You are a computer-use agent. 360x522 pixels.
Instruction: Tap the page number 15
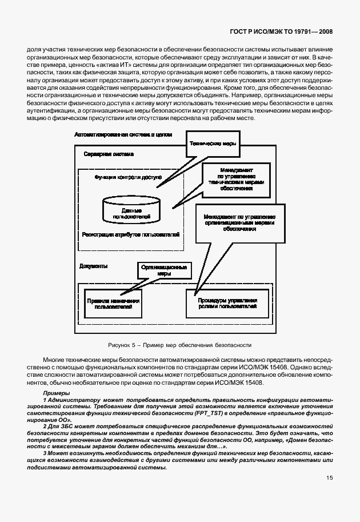point(329,478)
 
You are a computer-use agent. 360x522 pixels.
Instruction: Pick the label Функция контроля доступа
point(128,178)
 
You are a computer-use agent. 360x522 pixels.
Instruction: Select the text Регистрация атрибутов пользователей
point(131,234)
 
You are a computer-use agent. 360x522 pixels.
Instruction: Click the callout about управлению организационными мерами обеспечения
point(240,223)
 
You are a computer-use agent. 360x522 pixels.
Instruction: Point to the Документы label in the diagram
point(94,266)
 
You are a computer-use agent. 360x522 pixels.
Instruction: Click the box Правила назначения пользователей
point(113,303)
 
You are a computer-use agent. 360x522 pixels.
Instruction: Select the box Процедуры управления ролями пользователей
point(227,303)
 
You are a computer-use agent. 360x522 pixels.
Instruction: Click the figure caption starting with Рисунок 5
point(179,345)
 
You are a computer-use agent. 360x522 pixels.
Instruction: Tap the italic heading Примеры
point(56,393)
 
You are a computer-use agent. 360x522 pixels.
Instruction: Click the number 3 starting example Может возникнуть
point(45,453)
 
